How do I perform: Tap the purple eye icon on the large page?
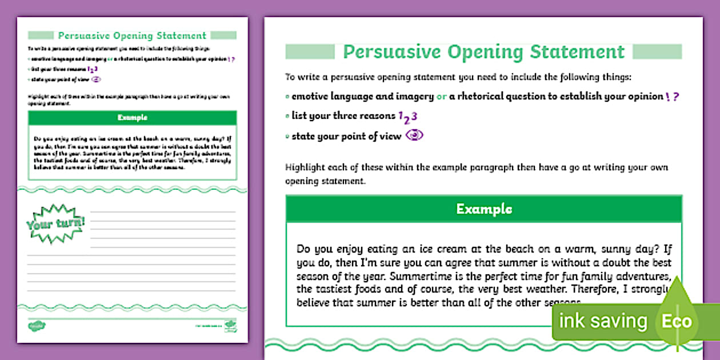click(x=414, y=136)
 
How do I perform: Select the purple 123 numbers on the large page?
click(x=407, y=117)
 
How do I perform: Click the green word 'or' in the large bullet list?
click(x=441, y=97)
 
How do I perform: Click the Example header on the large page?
click(x=483, y=209)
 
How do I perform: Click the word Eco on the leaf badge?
click(x=677, y=321)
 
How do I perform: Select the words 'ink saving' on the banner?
click(x=602, y=321)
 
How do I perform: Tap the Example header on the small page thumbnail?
click(x=132, y=118)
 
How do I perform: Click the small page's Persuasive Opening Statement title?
click(x=132, y=36)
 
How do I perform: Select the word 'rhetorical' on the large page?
click(x=480, y=97)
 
